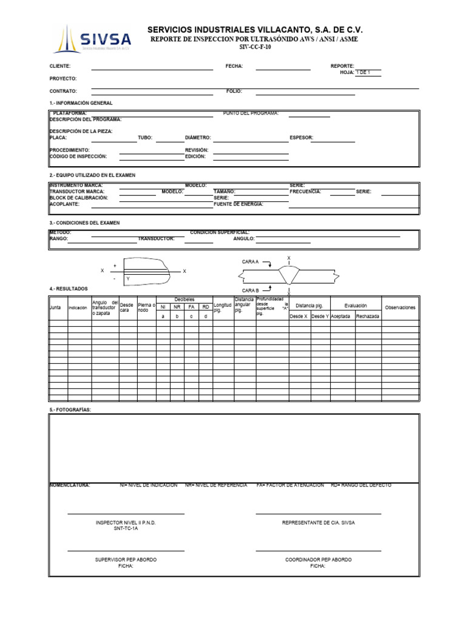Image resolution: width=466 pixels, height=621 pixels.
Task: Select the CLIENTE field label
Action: point(60,66)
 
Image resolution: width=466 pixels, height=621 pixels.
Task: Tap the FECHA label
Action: point(234,66)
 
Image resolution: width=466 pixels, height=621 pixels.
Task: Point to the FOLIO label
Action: point(234,91)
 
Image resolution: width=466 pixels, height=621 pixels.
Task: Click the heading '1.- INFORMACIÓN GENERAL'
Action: point(81,103)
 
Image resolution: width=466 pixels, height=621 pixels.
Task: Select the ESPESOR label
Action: point(302,138)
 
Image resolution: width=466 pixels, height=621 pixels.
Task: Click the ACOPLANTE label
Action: point(64,204)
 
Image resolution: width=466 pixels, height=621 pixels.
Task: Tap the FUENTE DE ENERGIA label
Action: point(238,204)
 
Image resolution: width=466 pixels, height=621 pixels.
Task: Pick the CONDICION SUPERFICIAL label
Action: point(220,232)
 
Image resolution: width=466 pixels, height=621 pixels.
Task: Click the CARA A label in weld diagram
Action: point(250,261)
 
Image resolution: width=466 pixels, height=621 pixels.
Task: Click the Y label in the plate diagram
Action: point(128,278)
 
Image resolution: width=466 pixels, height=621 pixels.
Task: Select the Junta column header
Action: point(55,307)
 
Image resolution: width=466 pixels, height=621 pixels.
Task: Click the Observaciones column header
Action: point(400,307)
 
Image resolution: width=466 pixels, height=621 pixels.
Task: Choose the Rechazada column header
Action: point(368,316)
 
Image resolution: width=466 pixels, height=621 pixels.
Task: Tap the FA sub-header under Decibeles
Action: point(191,307)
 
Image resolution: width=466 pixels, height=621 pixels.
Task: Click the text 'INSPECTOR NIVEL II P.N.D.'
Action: point(126,522)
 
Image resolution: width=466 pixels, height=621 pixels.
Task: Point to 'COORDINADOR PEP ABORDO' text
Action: point(319,560)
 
